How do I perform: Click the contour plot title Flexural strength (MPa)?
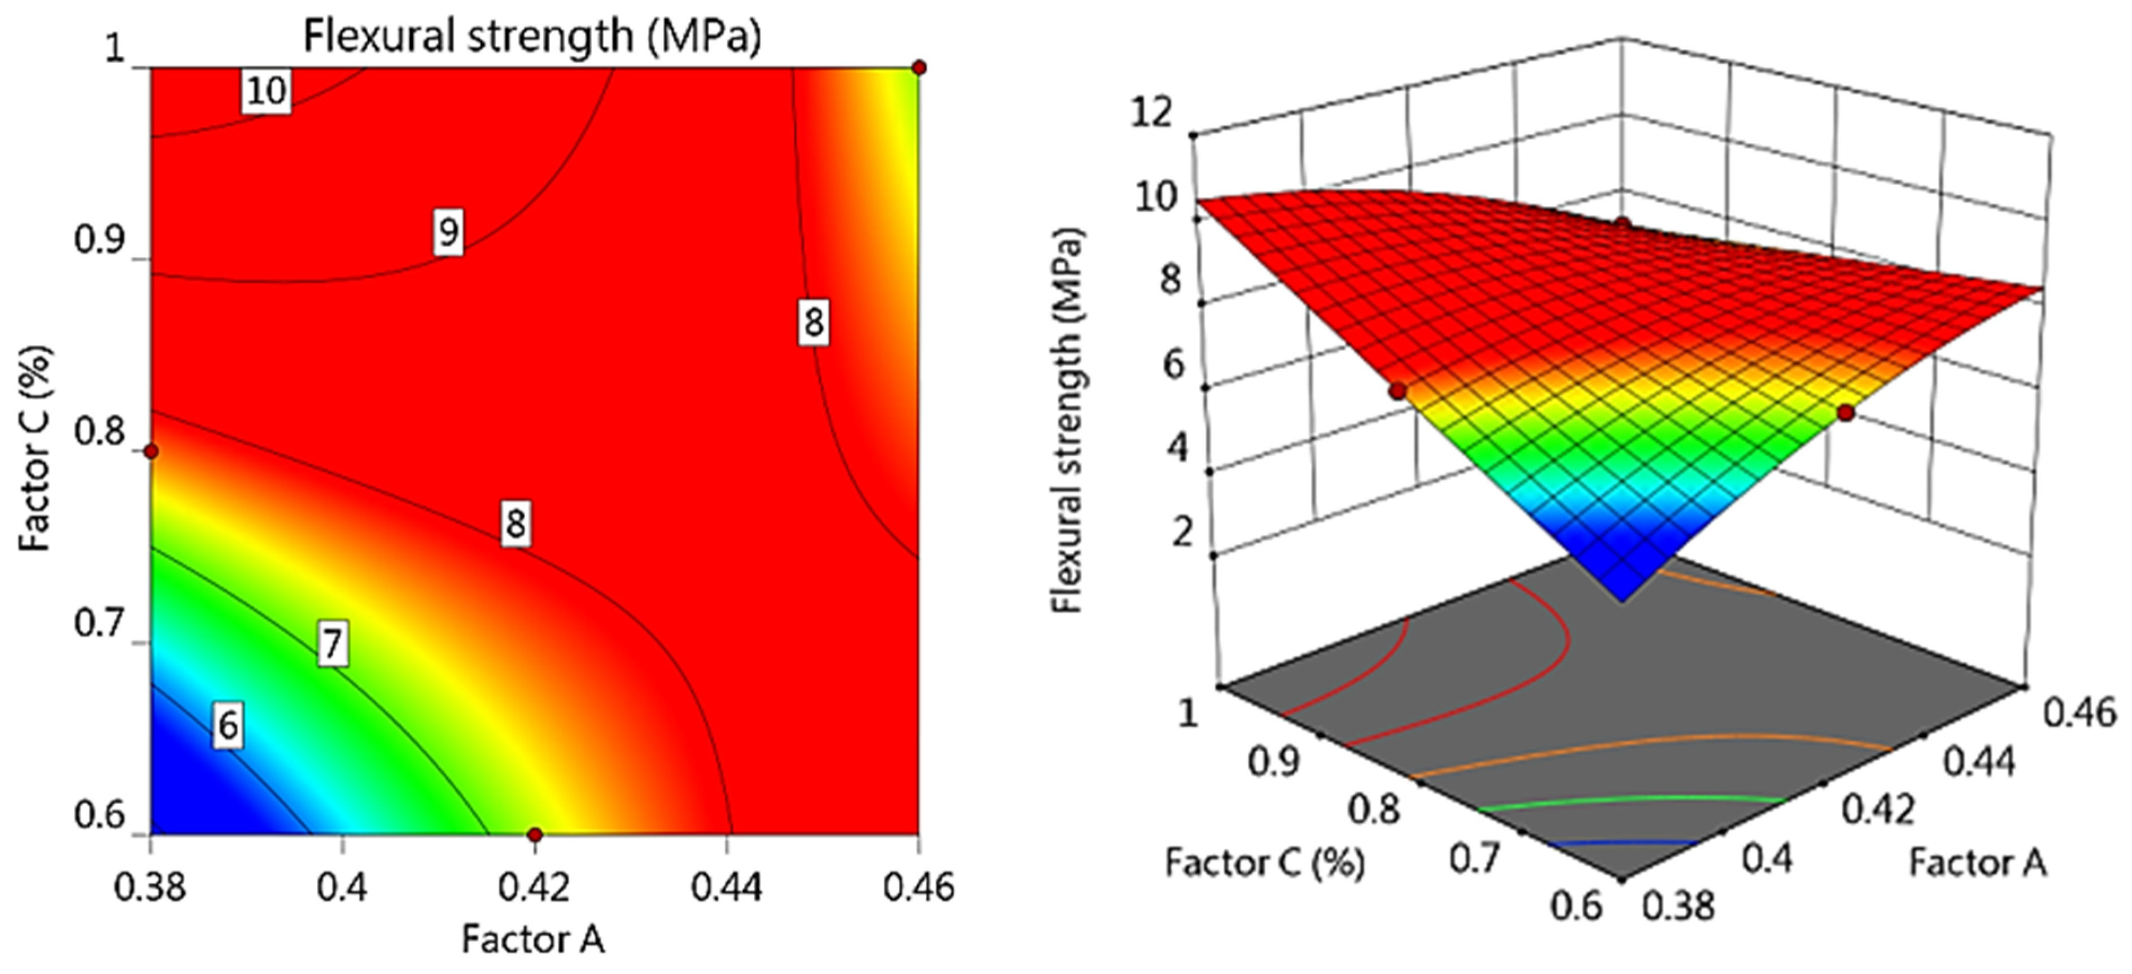[x=532, y=36]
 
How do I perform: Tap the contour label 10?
[x=266, y=91]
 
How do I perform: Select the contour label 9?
[x=448, y=232]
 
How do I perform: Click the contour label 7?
[x=333, y=643]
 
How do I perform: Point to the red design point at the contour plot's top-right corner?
[x=919, y=68]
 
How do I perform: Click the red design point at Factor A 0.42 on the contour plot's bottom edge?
[x=535, y=833]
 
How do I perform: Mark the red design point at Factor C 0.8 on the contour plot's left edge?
[x=151, y=451]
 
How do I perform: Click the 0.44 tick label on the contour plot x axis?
[x=727, y=889]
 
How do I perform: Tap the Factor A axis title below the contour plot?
[x=533, y=939]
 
